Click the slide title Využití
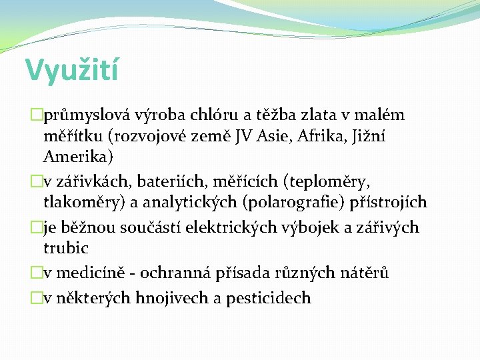click(x=72, y=70)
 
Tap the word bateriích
click(x=167, y=181)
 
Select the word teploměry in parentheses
click(x=328, y=181)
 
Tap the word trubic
click(x=66, y=249)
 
